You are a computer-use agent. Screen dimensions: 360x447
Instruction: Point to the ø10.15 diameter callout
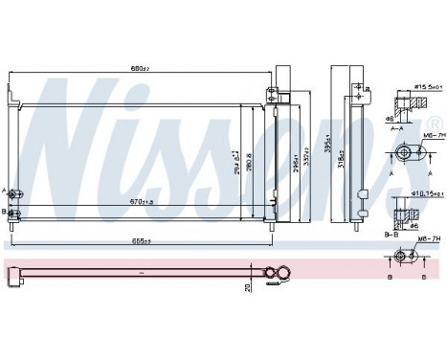[x=417, y=193]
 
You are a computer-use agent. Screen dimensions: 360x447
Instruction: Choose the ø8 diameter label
[x=391, y=118]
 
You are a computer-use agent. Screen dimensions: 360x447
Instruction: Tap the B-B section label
[x=390, y=232]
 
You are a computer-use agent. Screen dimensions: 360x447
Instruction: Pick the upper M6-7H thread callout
[x=414, y=136]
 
